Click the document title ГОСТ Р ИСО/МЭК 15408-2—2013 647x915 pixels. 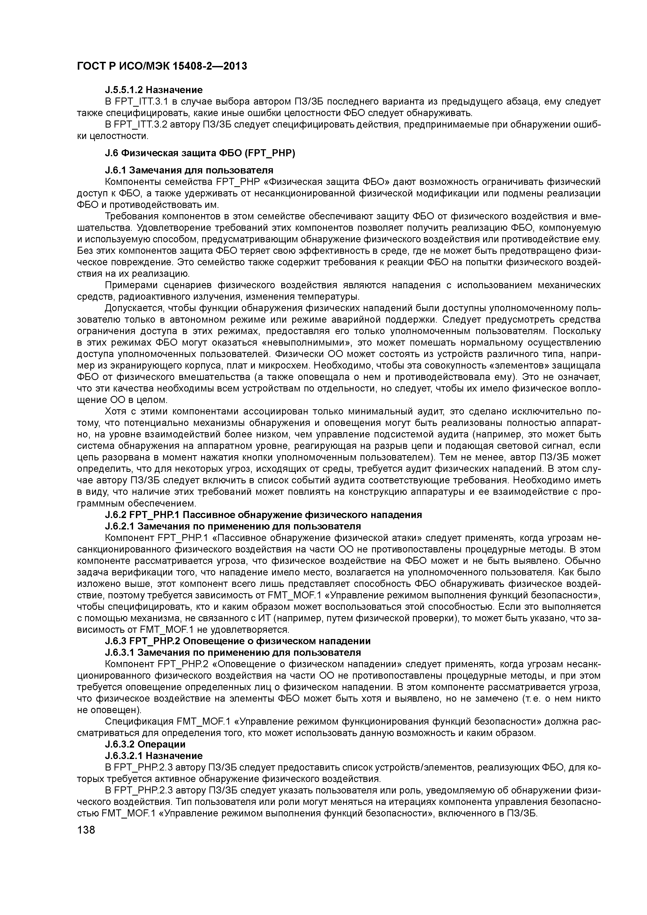[x=161, y=66]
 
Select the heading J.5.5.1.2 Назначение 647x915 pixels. [x=153, y=90]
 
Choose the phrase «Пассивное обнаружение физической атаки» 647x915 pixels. [x=309, y=538]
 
